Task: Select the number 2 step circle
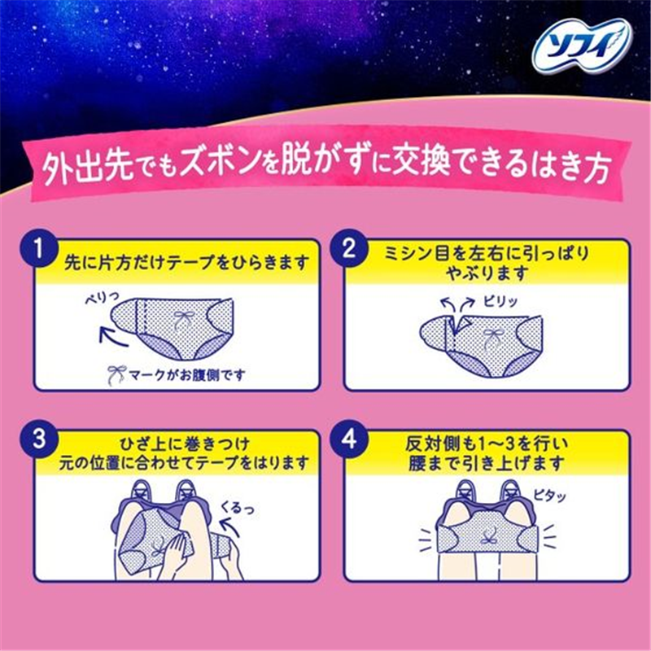tap(348, 249)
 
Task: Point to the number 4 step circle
tap(348, 439)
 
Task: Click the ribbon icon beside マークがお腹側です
tap(116, 375)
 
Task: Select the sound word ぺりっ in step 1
tap(102, 298)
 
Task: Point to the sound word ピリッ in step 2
tap(500, 301)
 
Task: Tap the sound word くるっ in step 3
tap(237, 507)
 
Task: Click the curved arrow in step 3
tap(230, 528)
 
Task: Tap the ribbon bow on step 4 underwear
tap(487, 539)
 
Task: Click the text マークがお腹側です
tap(187, 375)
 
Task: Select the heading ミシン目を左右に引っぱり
tap(487, 253)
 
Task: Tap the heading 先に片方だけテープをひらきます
tap(187, 263)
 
